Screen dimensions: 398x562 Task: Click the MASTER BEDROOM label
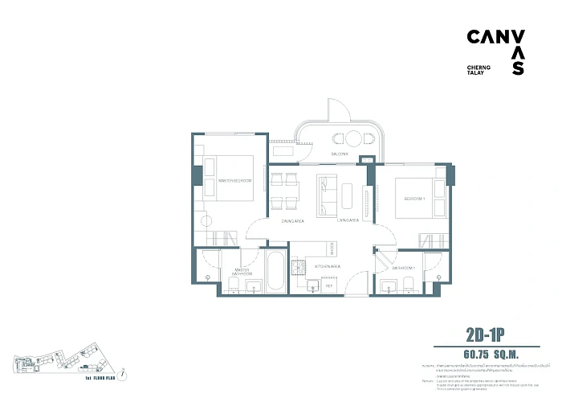click(235, 181)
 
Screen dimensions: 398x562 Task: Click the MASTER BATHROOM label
click(242, 272)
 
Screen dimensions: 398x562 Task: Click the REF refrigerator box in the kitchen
click(328, 284)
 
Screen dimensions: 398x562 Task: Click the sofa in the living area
click(326, 195)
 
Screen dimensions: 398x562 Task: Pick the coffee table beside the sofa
click(347, 195)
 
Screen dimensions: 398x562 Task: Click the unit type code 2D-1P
click(489, 334)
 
